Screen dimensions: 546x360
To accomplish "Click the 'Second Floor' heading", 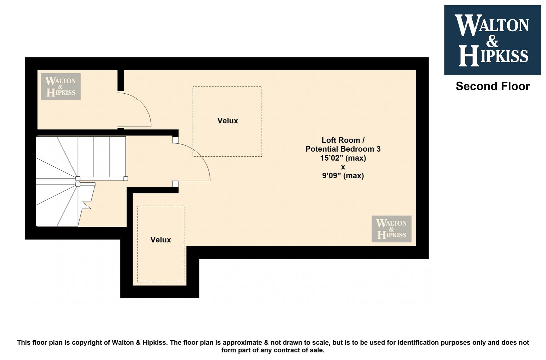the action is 493,86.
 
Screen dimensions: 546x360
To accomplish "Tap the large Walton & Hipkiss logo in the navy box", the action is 493,40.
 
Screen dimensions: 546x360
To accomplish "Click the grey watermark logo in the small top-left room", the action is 61,86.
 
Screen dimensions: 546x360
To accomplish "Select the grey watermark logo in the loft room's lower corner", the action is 392,229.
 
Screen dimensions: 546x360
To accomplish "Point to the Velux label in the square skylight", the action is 228,121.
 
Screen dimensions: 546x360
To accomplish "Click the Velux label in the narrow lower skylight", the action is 161,240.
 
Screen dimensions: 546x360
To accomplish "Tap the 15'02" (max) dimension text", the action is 343,158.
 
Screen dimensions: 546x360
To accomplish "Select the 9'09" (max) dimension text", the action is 343,176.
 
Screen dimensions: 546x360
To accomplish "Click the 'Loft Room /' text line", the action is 343,140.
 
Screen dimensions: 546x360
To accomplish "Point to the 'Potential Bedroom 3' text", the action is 343,149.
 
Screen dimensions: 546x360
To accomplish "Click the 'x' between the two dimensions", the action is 343,167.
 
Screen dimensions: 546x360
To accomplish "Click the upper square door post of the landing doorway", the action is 175,140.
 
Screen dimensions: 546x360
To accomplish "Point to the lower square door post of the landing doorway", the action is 175,184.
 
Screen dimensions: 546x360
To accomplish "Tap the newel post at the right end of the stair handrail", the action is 126,179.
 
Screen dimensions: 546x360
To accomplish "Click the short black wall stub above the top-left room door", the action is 121,80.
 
